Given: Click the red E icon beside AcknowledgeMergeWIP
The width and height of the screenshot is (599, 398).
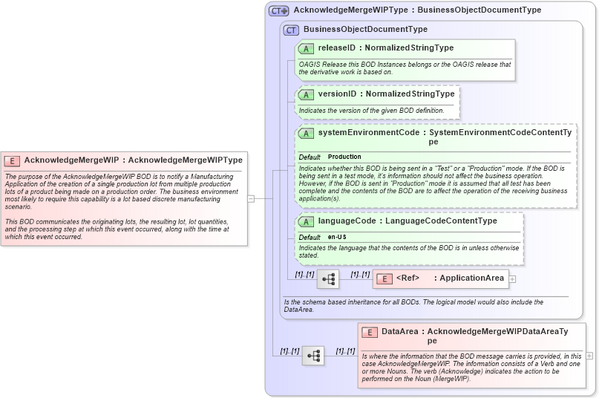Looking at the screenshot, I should (x=13, y=160).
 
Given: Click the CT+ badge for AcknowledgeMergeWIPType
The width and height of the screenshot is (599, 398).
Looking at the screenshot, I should (x=279, y=10).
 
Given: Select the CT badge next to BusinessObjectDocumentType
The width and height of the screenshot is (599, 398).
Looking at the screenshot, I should (x=292, y=30).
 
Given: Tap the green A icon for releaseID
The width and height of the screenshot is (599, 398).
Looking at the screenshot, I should (x=306, y=48).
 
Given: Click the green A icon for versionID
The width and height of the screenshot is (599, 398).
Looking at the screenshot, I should (x=306, y=94).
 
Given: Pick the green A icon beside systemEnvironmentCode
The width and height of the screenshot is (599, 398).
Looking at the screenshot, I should (x=306, y=133).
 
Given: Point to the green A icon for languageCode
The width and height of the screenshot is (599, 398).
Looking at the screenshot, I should (x=306, y=221).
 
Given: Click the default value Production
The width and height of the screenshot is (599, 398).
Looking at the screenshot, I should (x=344, y=157).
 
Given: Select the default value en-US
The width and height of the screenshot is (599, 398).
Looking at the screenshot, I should (x=337, y=237).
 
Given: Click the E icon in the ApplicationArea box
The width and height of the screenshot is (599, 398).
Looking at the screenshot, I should (x=384, y=278).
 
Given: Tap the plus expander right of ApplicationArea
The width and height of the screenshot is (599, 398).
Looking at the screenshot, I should (x=512, y=279).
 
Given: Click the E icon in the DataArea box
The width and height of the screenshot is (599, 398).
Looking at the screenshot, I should (x=370, y=332).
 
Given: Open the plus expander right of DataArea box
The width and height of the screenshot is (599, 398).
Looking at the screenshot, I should (x=589, y=356).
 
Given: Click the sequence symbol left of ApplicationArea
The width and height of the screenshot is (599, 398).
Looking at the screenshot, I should (x=328, y=280).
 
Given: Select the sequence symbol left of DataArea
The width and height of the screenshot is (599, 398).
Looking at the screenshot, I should (x=313, y=356).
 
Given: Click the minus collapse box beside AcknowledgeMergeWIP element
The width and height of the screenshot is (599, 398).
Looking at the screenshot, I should (x=251, y=198).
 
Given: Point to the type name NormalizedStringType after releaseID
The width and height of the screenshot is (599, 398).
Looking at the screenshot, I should (x=409, y=48).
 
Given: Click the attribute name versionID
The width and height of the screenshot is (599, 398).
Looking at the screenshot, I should (x=337, y=94).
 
